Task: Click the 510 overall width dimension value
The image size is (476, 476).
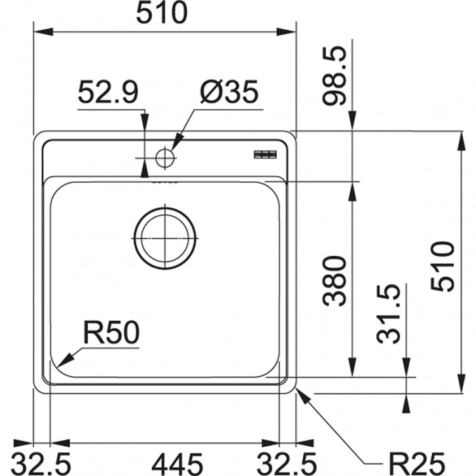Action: (x=164, y=13)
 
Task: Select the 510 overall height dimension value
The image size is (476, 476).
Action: (x=442, y=266)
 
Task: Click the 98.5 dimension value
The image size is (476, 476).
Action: (x=335, y=77)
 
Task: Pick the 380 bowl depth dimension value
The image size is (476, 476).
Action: (x=335, y=280)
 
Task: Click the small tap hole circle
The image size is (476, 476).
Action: (x=165, y=157)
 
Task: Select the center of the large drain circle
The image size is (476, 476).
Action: (x=165, y=237)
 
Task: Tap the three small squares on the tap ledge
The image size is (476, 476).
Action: (x=265, y=154)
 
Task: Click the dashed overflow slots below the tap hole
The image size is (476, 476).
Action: (x=164, y=180)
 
